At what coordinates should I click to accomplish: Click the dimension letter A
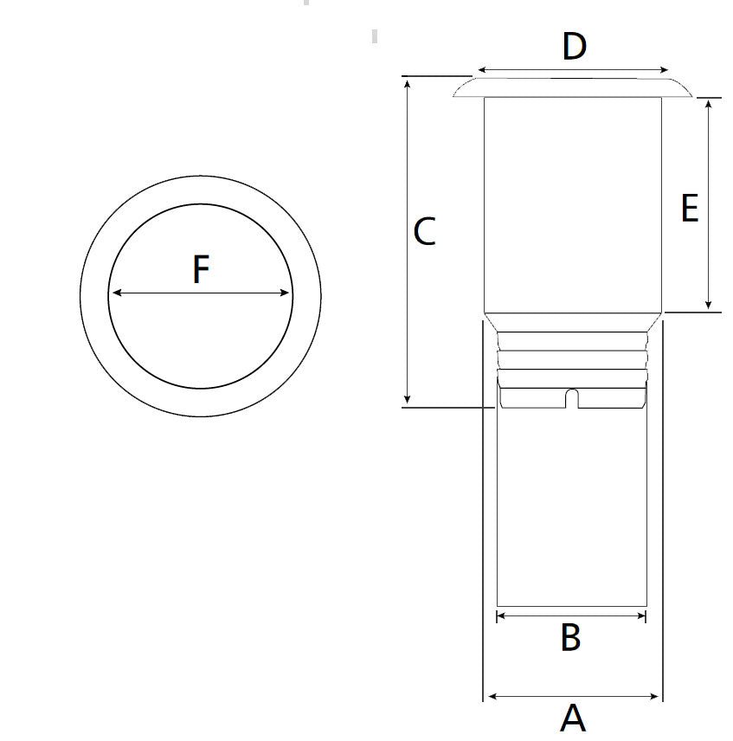tap(573, 718)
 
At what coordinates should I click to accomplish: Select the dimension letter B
tap(570, 637)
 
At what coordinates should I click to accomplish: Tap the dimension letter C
tap(424, 231)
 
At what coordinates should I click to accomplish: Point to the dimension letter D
tap(575, 47)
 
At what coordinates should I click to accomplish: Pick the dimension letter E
tap(690, 208)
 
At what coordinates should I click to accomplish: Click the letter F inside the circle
tap(201, 269)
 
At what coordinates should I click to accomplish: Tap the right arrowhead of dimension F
tap(285, 293)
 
